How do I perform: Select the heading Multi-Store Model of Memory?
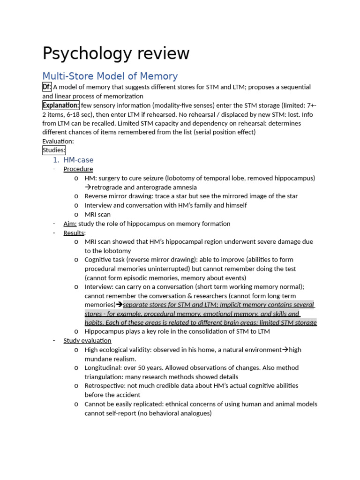110,76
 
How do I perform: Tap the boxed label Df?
47,87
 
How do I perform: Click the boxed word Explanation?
61,105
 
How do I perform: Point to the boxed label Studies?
54,150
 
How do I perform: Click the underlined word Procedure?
78,169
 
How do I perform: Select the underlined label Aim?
70,224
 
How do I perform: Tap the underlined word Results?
74,233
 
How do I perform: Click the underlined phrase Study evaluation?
87,341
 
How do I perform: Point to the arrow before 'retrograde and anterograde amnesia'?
88,187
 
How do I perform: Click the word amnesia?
184,187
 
